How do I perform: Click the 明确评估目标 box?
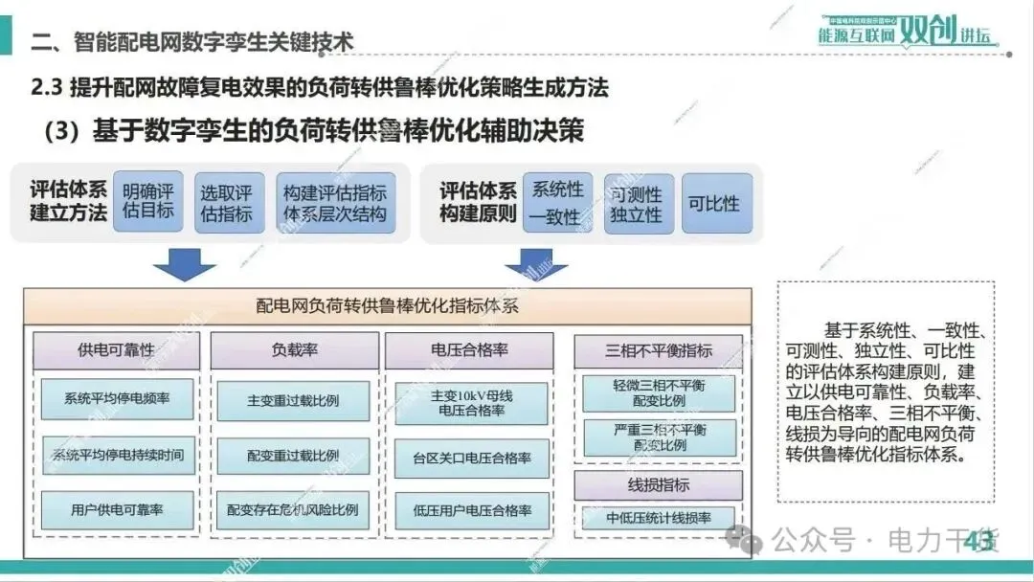pos(147,201)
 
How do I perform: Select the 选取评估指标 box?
pos(228,202)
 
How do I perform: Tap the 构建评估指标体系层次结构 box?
pos(334,202)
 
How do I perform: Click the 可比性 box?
pos(713,203)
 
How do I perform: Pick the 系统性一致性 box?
pos(557,203)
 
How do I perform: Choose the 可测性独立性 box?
pos(638,203)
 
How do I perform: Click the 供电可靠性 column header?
pos(116,350)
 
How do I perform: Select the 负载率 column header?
pos(293,350)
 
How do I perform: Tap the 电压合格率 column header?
pos(469,350)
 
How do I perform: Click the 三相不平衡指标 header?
pos(659,350)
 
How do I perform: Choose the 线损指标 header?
pos(659,484)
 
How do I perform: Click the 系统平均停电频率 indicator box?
pos(117,398)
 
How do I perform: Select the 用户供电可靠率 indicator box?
pos(117,510)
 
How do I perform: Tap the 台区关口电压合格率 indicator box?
pos(472,459)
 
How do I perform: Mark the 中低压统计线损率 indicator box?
pos(659,518)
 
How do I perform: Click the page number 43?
pos(978,541)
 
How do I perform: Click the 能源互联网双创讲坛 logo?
pos(904,31)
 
